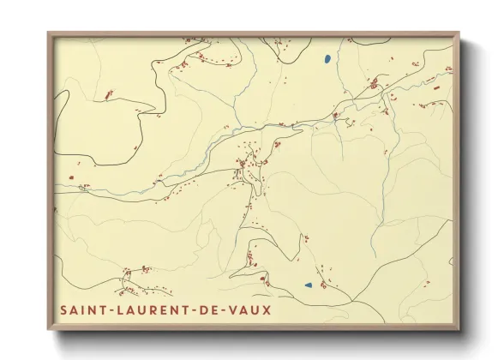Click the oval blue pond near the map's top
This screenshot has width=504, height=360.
coord(327,59)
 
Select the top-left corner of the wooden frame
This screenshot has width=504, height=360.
coord(48,33)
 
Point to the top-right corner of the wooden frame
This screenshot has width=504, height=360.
coord(459,33)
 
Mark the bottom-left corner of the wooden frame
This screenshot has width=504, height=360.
coord(48,330)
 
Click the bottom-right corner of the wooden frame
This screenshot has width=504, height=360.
coord(459,330)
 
